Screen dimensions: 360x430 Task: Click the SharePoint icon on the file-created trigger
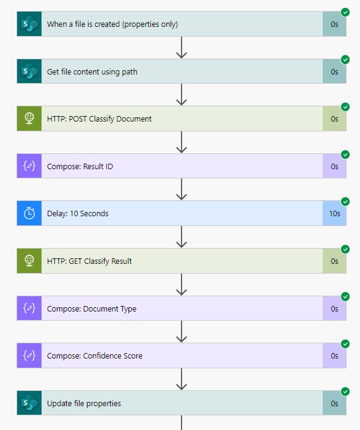pos(29,24)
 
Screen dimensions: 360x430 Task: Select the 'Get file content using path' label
pos(92,72)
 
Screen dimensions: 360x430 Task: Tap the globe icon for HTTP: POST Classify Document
pos(29,118)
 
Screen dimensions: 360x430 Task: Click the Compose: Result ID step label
pos(80,167)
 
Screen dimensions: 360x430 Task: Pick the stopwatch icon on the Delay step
pos(29,213)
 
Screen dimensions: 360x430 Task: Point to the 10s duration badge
pos(334,213)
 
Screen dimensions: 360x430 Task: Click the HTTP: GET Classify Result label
pos(89,261)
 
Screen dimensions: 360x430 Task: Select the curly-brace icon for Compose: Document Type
pos(29,308)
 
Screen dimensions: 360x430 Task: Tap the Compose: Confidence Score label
pos(95,355)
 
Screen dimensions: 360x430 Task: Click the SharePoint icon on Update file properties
pos(29,403)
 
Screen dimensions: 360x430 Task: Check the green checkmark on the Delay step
pos(345,202)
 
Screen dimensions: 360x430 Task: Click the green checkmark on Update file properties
pos(345,392)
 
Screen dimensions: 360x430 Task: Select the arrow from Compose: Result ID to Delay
pos(182,189)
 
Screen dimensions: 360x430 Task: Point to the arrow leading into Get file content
pos(182,48)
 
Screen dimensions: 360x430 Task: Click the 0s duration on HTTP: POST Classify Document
pos(334,118)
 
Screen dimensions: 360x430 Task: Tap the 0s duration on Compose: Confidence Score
pos(334,355)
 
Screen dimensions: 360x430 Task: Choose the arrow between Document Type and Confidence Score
pos(182,332)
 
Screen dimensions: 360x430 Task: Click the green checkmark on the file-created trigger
pos(345,12)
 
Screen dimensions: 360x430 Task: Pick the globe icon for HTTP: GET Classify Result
pos(29,261)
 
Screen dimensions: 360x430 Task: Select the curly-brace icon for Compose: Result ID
pos(29,166)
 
